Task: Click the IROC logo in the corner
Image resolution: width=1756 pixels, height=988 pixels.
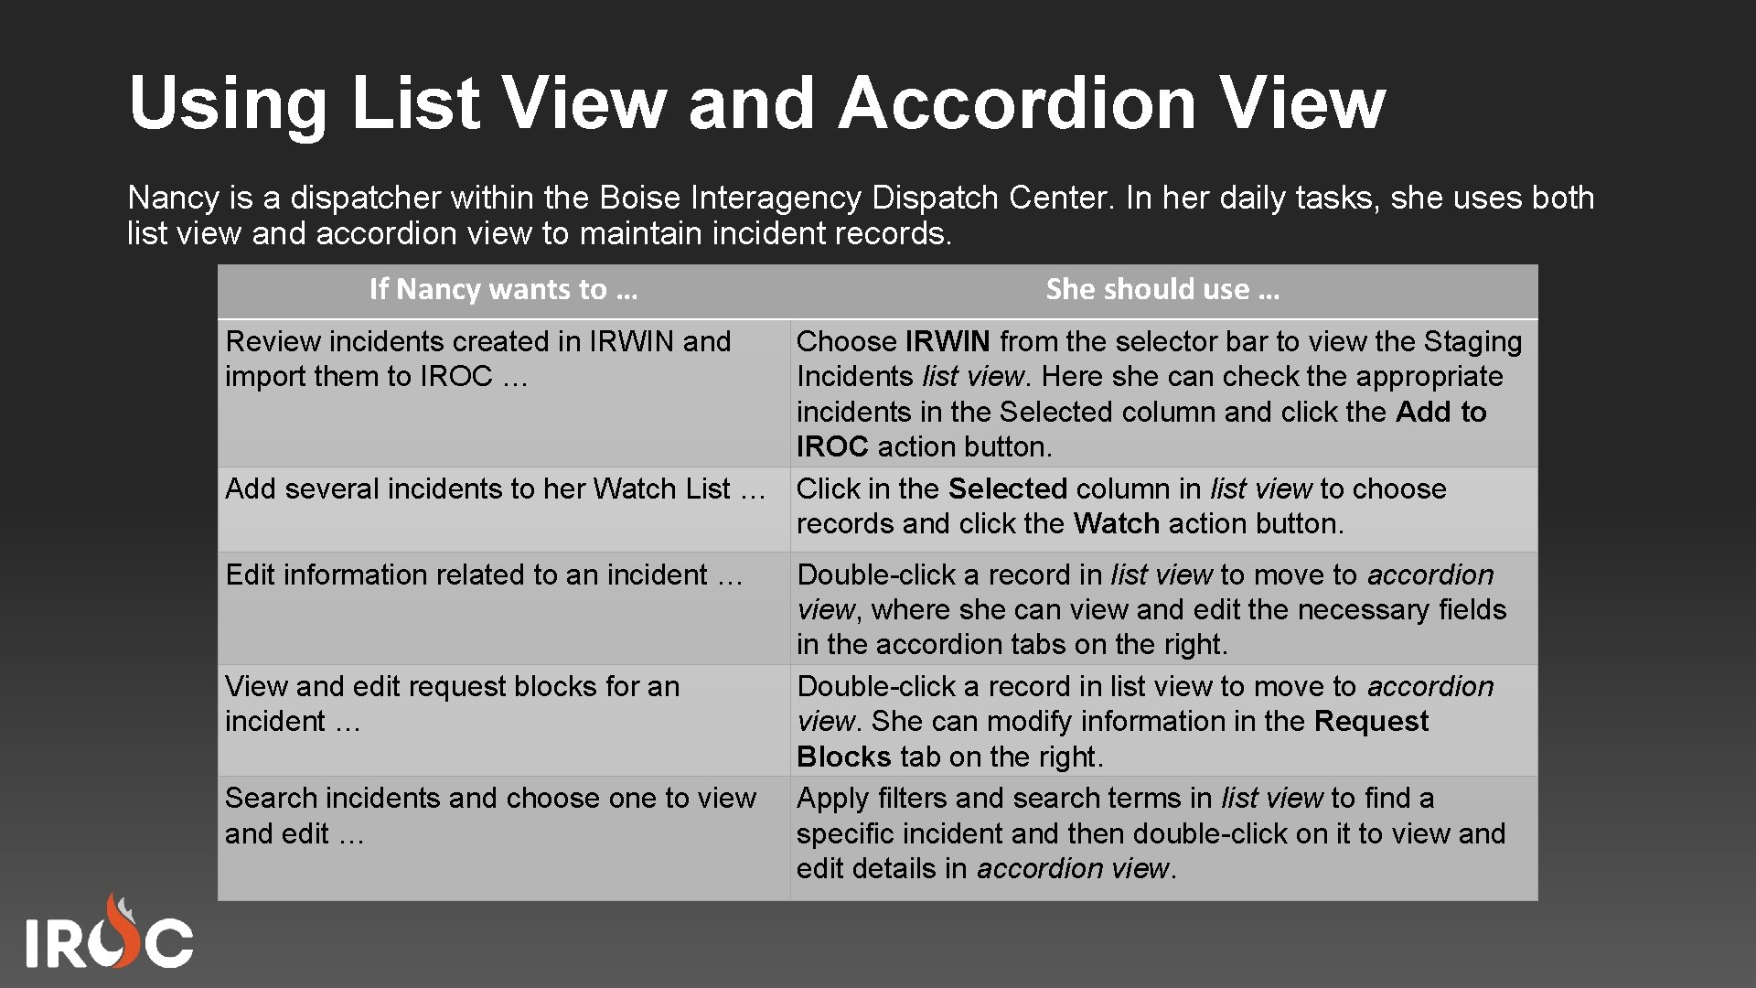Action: (109, 933)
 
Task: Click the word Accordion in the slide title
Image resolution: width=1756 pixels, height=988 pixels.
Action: (1017, 102)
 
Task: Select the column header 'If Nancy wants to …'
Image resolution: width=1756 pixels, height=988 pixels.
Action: (503, 289)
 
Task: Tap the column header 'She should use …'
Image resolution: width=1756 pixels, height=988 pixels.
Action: (1162, 289)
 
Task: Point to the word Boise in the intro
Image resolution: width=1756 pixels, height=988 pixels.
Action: (640, 198)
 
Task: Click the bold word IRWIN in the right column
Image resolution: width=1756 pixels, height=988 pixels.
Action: (948, 341)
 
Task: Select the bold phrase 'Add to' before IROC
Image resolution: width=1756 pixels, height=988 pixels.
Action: (1440, 412)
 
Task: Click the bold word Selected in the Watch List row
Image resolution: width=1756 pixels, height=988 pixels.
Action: (1007, 489)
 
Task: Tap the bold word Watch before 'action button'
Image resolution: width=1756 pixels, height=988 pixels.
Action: (1116, 523)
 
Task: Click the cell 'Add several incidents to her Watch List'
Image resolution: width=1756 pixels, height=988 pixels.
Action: (495, 489)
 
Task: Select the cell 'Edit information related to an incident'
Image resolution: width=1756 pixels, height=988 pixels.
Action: (484, 575)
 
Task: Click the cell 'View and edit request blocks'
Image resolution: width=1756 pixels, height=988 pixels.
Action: (452, 703)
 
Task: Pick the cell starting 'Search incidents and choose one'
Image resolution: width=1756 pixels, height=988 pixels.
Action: (490, 814)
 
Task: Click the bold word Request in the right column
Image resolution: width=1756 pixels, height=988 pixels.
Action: (1371, 721)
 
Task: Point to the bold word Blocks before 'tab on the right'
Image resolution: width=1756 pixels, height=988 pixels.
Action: (843, 757)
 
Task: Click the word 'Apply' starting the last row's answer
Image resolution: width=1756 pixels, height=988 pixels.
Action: (832, 799)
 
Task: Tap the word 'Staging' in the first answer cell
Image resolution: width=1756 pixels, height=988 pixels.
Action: (1472, 341)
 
